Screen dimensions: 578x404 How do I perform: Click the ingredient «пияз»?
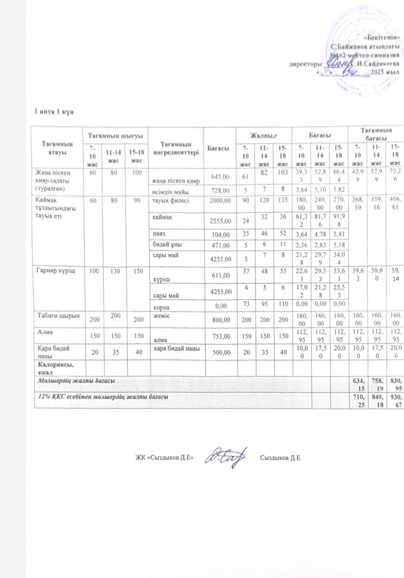pos(159,234)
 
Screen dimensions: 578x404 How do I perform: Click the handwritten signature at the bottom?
pos(227,457)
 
